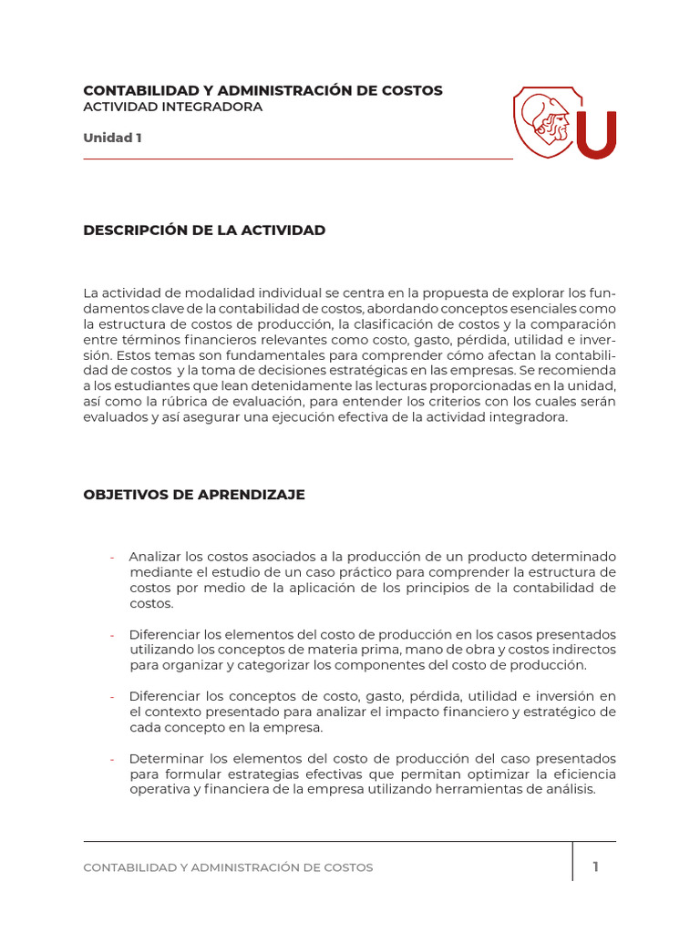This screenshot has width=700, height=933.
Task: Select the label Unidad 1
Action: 112,138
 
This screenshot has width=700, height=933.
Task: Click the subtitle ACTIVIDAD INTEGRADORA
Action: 172,107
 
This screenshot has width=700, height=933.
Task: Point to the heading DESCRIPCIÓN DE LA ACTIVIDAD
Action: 204,231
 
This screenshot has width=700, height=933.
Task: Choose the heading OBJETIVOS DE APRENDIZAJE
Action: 194,495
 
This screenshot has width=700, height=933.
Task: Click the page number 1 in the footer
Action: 595,866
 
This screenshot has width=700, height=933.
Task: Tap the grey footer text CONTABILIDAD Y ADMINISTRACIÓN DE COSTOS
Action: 228,867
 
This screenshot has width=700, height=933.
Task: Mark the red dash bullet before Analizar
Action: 112,558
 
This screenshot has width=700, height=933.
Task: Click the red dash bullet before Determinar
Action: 112,760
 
